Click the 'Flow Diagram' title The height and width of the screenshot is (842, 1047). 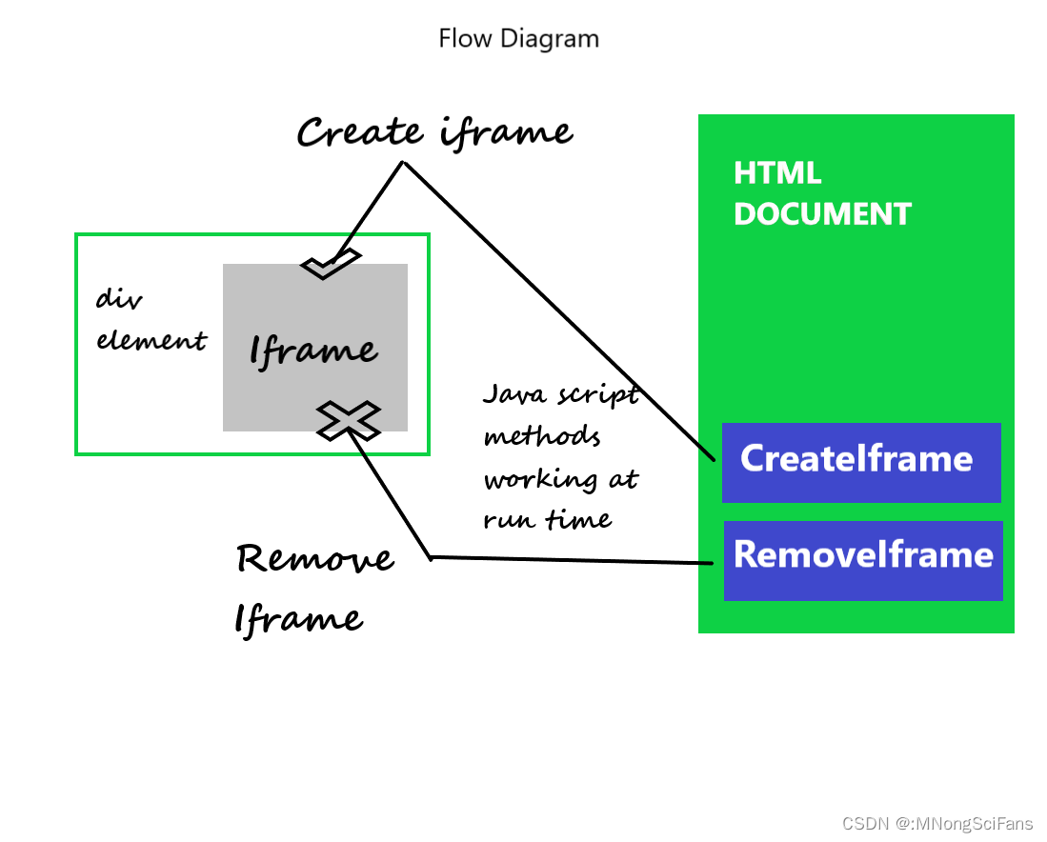[518, 39]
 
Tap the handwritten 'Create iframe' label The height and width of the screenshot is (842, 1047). [434, 132]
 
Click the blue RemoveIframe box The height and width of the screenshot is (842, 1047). [863, 560]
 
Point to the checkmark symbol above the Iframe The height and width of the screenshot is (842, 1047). [330, 264]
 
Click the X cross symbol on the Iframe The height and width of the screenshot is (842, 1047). [349, 419]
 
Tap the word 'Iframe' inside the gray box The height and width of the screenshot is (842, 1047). [313, 351]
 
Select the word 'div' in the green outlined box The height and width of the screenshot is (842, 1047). [119, 300]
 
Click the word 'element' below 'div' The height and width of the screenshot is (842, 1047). [151, 340]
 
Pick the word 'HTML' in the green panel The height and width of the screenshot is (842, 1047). [777, 173]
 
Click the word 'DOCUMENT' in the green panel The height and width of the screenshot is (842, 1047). [822, 214]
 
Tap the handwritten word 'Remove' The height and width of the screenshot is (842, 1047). [314, 558]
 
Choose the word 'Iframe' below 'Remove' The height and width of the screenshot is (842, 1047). [298, 619]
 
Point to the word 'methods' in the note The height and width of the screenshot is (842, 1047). [542, 437]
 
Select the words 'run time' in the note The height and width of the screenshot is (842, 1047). [547, 519]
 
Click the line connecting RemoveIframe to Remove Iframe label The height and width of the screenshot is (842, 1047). [572, 560]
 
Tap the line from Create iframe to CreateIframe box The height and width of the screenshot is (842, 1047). [562, 314]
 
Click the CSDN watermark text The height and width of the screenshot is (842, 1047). [937, 822]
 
